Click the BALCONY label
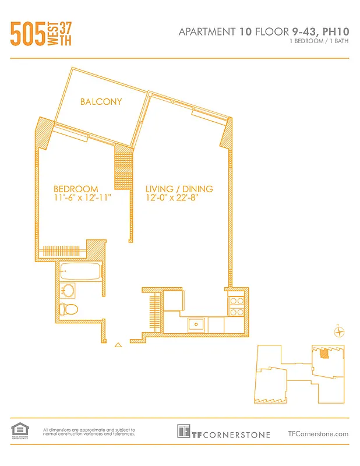click(x=101, y=101)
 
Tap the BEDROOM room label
click(x=76, y=189)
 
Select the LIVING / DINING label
click(x=179, y=189)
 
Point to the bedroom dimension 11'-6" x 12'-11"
click(x=82, y=197)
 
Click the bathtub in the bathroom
click(x=80, y=271)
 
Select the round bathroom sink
click(x=69, y=290)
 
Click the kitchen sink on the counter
click(x=196, y=324)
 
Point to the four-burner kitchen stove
click(x=236, y=306)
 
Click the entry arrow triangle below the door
click(x=119, y=345)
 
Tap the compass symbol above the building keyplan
click(x=337, y=332)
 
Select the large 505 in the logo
click(x=27, y=34)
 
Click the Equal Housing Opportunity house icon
click(x=19, y=430)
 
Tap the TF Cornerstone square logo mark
click(x=184, y=432)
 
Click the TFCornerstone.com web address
click(x=318, y=433)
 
